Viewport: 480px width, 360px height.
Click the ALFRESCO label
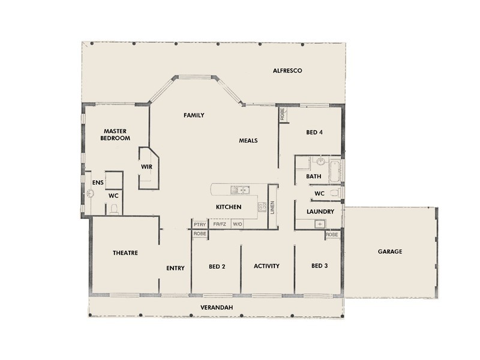pyautogui.click(x=287, y=71)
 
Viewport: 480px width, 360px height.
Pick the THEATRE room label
pyautogui.click(x=125, y=253)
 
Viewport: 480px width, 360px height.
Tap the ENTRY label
pyautogui.click(x=175, y=268)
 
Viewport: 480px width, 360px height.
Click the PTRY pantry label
pyautogui.click(x=200, y=224)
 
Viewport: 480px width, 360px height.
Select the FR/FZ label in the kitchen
pyautogui.click(x=220, y=224)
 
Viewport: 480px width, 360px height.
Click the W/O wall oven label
pyautogui.click(x=238, y=224)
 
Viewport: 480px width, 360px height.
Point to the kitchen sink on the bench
pyautogui.click(x=241, y=191)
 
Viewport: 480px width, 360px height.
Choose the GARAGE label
pyautogui.click(x=390, y=251)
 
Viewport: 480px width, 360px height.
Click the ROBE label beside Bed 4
pyautogui.click(x=282, y=115)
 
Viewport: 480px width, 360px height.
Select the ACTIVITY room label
pyautogui.click(x=266, y=266)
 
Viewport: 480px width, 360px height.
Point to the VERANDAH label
pyautogui.click(x=216, y=308)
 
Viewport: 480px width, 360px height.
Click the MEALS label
pyautogui.click(x=248, y=141)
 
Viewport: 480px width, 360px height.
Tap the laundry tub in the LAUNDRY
pyautogui.click(x=320, y=224)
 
